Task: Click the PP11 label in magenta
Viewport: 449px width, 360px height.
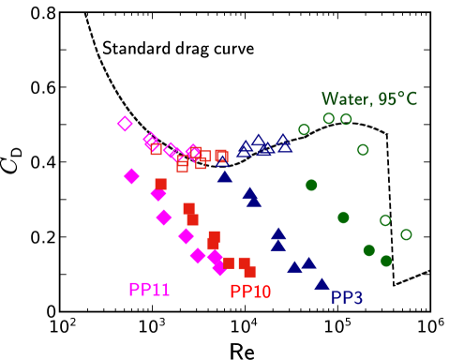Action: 149,290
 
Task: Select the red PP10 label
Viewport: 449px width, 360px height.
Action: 250,292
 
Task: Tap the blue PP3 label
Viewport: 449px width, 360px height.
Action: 347,297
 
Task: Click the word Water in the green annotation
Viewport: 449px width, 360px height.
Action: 344,99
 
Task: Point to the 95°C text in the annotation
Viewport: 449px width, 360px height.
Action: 397,99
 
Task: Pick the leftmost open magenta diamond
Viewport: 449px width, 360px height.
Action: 125,124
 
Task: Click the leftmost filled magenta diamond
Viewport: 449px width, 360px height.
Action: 131,176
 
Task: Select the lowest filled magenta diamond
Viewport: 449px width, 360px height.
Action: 219,268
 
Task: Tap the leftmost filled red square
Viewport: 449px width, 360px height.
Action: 160,185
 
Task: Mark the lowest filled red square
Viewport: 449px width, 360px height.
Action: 249,272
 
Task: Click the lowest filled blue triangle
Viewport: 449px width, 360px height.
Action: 322,283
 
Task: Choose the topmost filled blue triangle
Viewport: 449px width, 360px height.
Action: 225,176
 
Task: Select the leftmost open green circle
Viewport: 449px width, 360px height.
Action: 304,129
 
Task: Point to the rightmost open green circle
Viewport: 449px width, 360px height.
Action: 406,234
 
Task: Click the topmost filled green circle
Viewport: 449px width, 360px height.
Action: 311,186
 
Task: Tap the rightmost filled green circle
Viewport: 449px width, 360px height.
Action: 386,261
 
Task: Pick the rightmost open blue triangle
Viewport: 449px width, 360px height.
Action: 285,146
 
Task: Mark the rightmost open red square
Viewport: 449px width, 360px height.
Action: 221,156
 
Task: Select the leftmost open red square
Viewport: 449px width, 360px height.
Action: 156,148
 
